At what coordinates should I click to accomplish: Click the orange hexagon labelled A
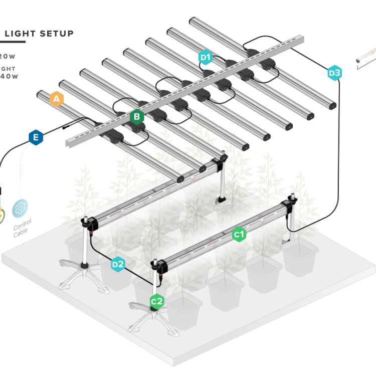[x=57, y=99]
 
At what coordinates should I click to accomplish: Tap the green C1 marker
[x=239, y=234]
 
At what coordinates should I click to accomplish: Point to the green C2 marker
[x=157, y=301]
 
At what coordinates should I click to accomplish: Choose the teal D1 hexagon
[x=206, y=58]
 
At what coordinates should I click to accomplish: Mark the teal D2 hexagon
[x=117, y=264]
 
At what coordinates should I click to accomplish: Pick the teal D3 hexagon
[x=334, y=73]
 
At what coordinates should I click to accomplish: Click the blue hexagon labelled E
[x=35, y=137]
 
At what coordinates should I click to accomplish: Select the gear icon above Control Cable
[x=21, y=208]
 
